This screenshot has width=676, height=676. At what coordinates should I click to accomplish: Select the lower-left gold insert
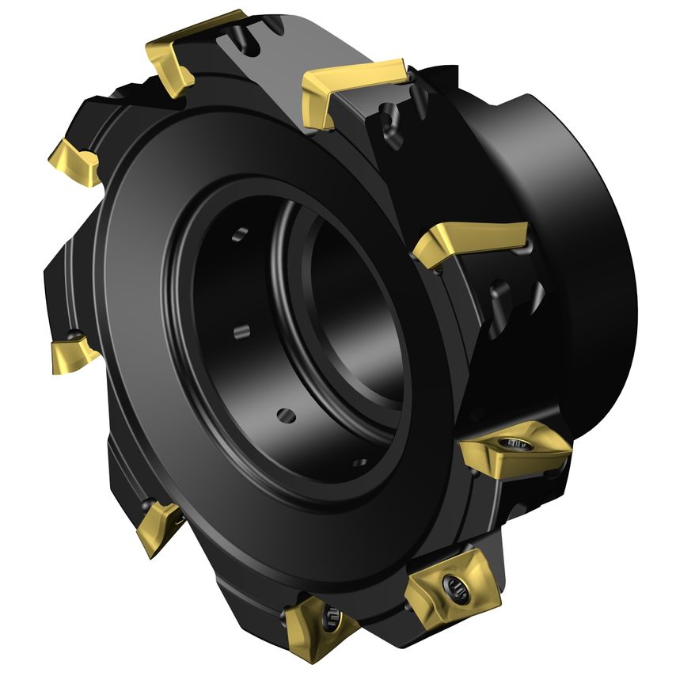pos(158,526)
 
